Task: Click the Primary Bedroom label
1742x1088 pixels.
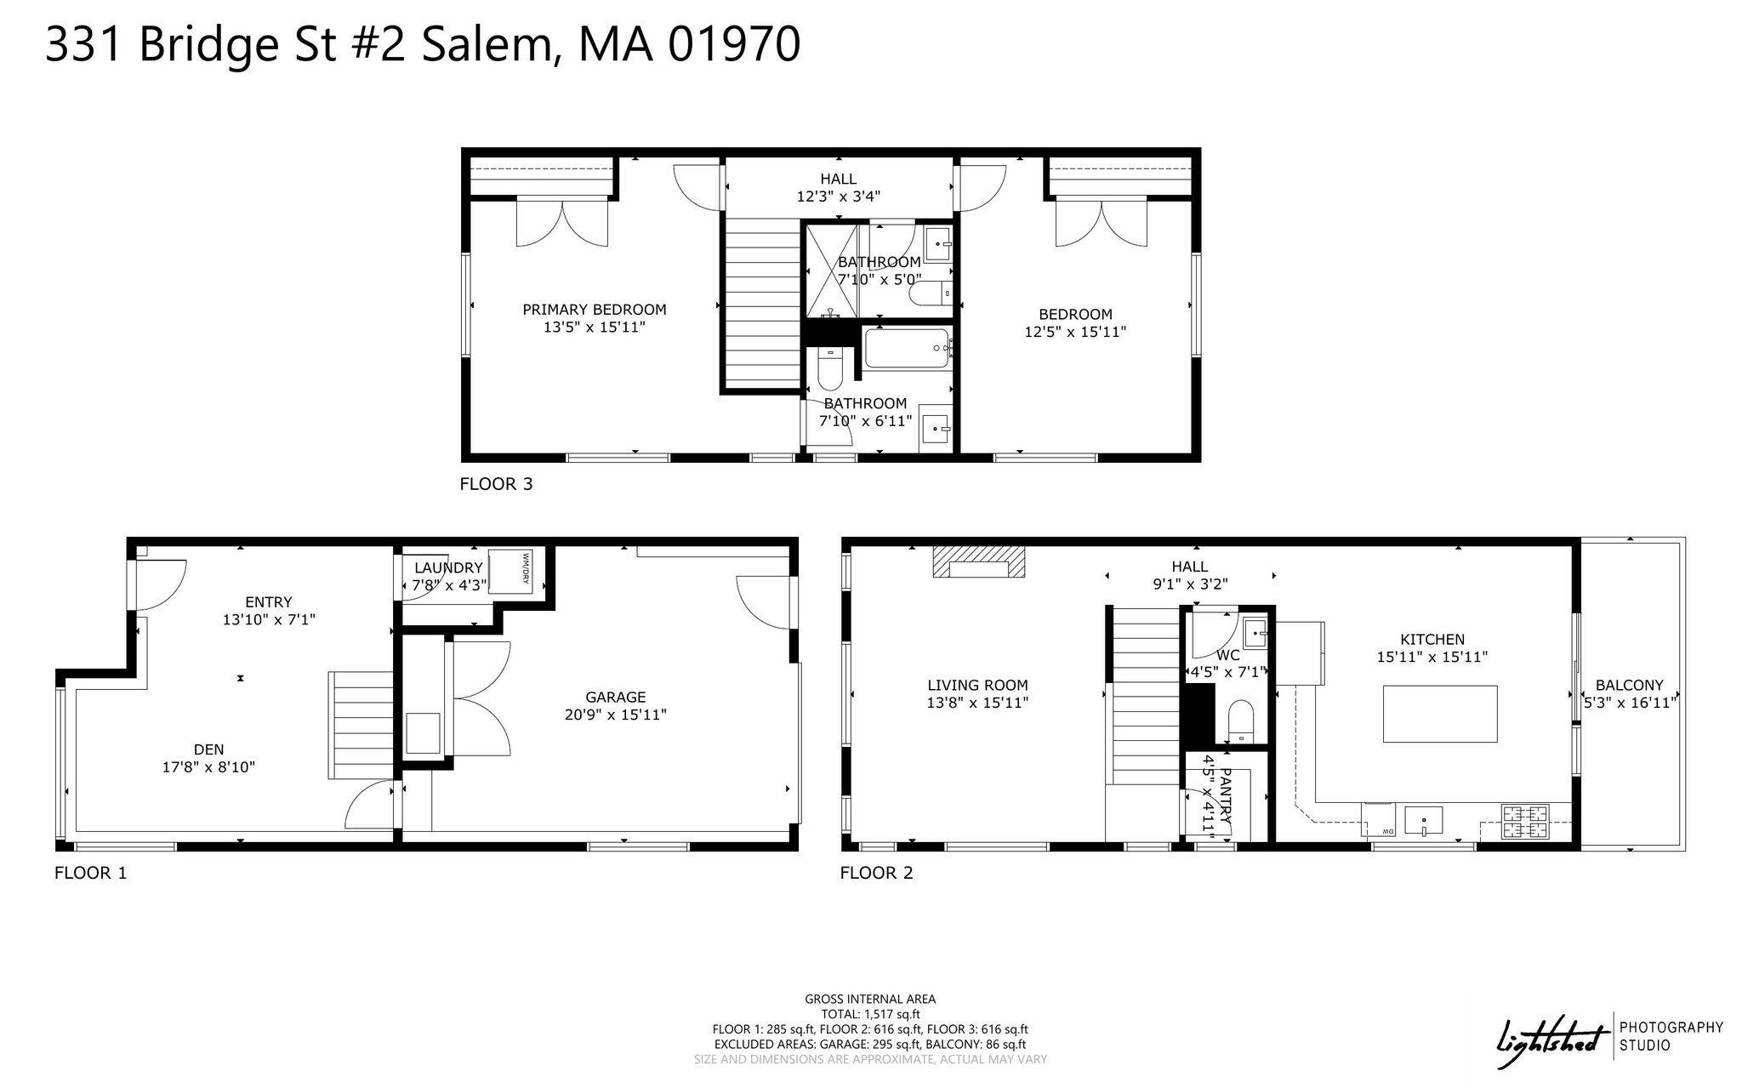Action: point(595,310)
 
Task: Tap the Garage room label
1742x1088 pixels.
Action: point(616,698)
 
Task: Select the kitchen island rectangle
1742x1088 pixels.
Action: point(1440,714)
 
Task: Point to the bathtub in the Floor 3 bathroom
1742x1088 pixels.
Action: point(908,349)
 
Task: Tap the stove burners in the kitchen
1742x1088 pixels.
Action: point(1524,822)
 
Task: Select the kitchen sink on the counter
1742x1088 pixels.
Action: point(1423,821)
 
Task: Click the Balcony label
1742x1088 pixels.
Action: point(1629,685)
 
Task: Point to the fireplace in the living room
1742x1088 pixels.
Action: point(979,562)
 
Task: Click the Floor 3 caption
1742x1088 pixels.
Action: point(496,484)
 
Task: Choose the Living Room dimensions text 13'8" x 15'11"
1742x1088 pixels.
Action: point(977,703)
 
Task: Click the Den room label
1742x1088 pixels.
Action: point(208,749)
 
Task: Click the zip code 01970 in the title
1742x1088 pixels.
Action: point(733,44)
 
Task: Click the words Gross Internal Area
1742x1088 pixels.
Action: point(870,1000)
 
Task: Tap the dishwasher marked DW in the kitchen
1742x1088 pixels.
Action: point(1378,820)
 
